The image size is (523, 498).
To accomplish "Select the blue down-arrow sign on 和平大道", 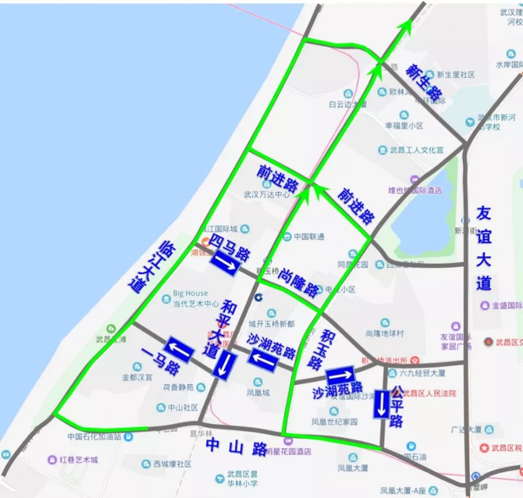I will tap(224, 365).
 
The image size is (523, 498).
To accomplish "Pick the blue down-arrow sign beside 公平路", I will tap(381, 404).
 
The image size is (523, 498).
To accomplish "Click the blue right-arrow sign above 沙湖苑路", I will tap(340, 376).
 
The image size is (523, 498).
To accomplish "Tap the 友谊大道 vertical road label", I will tap(483, 248).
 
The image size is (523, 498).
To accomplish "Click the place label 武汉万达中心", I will tap(267, 194).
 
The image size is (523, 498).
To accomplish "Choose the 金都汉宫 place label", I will tap(138, 377).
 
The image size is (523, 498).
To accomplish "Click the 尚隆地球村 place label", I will tap(385, 333).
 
